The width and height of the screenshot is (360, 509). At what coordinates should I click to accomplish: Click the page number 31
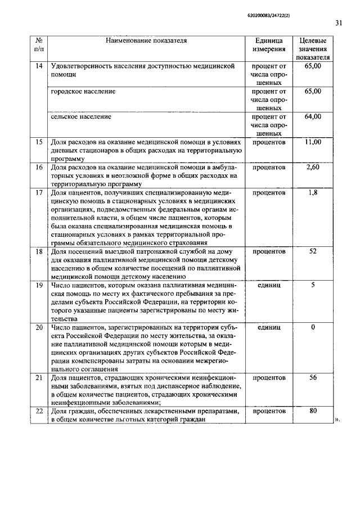tap(338, 23)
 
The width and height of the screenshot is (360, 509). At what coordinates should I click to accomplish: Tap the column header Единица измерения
tap(269, 45)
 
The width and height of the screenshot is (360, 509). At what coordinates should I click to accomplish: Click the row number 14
tap(39, 66)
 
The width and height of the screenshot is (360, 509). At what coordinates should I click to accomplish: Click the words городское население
tap(83, 91)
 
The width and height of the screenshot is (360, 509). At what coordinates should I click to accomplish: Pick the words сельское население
tap(81, 117)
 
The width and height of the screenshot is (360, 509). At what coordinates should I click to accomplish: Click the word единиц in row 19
tap(269, 285)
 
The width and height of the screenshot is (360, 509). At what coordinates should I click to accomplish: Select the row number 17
tap(39, 193)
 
